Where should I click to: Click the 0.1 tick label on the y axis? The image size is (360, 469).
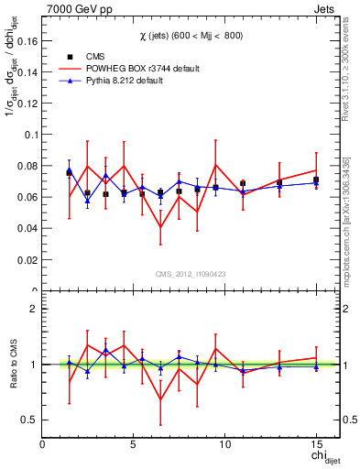[x=30, y=135]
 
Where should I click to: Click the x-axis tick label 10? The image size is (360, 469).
[x=224, y=445]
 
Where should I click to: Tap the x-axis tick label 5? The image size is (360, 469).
[x=134, y=445]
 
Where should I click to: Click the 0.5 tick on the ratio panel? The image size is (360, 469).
[x=31, y=420]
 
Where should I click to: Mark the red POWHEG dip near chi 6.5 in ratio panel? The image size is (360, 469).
[x=161, y=399]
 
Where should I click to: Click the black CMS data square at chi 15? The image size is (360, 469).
[x=316, y=180]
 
